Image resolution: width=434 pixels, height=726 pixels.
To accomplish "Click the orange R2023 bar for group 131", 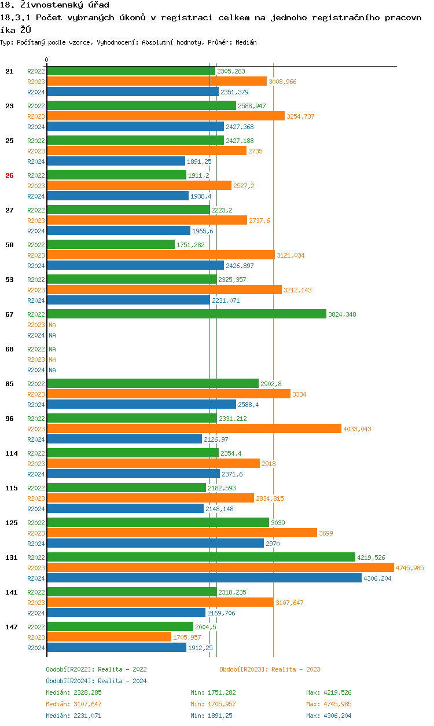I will [x=220, y=567].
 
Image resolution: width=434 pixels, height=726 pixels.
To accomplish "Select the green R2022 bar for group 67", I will [x=186, y=314].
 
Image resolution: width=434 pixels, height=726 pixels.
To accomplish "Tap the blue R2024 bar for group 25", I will [x=116, y=161].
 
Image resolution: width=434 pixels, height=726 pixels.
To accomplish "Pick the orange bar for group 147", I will [x=109, y=637].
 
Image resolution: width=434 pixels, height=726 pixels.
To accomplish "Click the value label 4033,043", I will [x=357, y=429].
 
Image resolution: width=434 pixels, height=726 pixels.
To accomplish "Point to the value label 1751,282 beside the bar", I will [x=190, y=245].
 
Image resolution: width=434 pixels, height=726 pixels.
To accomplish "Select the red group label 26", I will [x=9, y=175].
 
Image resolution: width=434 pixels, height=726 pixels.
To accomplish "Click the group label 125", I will [x=12, y=523].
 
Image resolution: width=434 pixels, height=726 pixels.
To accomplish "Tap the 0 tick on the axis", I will [x=47, y=60].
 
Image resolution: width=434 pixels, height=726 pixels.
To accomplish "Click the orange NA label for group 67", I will [x=52, y=325].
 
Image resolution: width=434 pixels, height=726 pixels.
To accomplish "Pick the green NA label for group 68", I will [x=52, y=349].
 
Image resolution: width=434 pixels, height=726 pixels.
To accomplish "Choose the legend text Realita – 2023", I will [x=296, y=669].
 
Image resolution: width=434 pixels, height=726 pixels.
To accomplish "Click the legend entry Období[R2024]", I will [x=71, y=681].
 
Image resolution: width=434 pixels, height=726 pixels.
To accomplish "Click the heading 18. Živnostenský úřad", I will [x=54, y=5].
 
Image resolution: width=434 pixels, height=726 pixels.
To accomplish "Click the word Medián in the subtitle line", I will [x=246, y=42].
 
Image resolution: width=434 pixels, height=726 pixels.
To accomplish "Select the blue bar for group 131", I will [x=204, y=578].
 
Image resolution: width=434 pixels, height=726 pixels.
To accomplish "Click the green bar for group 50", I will [x=111, y=244].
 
